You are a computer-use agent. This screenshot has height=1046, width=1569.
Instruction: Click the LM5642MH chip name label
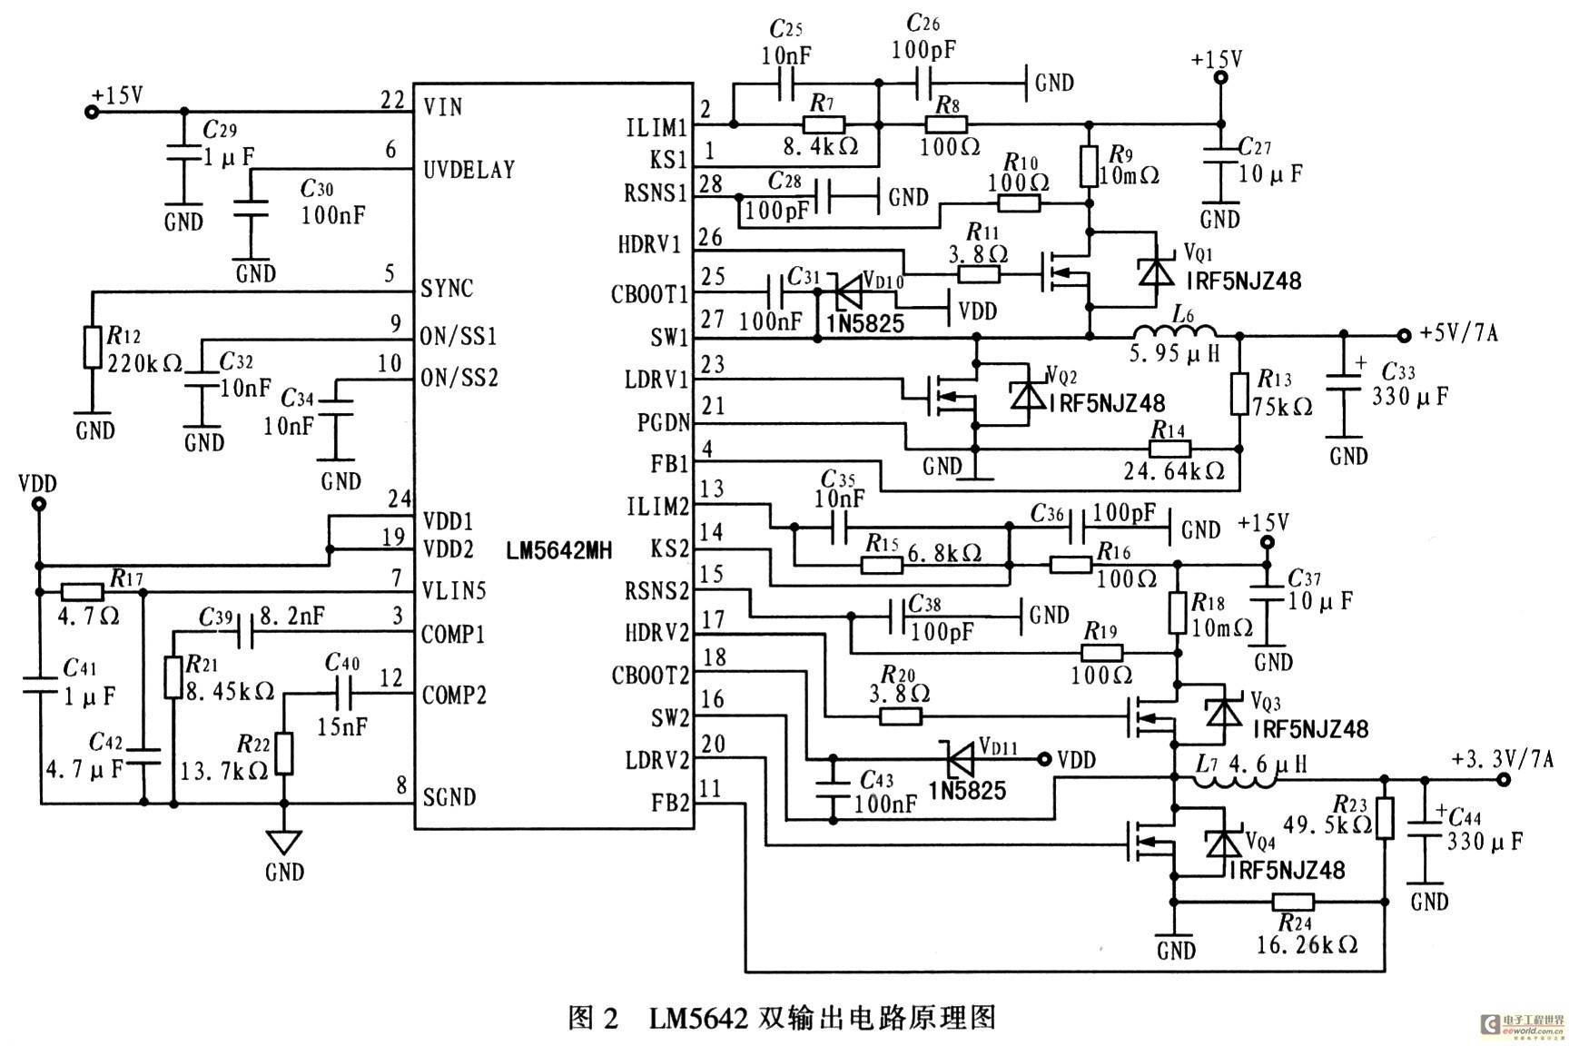point(559,550)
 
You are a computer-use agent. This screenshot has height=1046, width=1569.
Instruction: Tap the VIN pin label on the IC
point(443,107)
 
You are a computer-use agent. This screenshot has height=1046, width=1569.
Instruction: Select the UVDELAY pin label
point(469,170)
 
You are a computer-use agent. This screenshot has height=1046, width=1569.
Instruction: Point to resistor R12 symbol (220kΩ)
point(92,348)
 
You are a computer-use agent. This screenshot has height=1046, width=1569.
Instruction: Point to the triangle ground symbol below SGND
point(284,842)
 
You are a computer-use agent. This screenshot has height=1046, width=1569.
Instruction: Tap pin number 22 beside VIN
point(393,100)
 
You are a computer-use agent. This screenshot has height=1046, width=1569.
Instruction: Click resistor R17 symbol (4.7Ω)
point(83,592)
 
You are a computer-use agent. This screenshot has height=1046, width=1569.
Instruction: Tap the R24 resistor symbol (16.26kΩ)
point(1292,901)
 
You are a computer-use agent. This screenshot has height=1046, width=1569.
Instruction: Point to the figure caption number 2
point(609,1018)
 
